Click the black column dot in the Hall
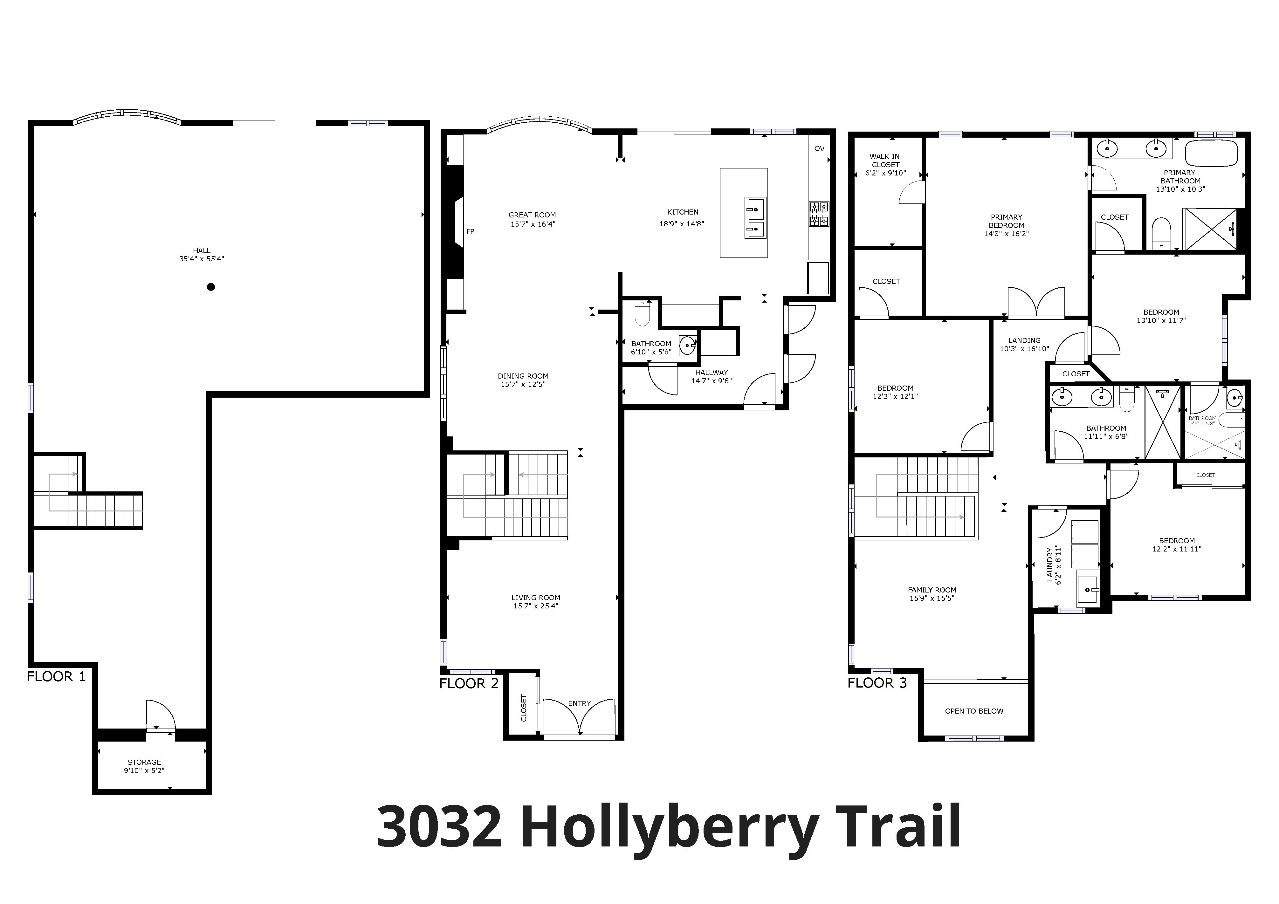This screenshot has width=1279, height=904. pyautogui.click(x=210, y=287)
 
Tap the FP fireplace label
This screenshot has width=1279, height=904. pyautogui.click(x=470, y=231)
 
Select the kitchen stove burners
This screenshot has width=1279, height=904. pyautogui.click(x=819, y=214)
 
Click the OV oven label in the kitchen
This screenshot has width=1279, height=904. pyautogui.click(x=819, y=149)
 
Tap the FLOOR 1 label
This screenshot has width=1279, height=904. pyautogui.click(x=56, y=677)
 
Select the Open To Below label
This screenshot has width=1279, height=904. pyautogui.click(x=974, y=711)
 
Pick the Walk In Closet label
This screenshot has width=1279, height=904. pyautogui.click(x=885, y=161)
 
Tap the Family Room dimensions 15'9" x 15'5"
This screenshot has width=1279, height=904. pyautogui.click(x=932, y=599)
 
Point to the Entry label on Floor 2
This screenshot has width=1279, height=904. pyautogui.click(x=579, y=703)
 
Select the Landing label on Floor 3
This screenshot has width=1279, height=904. pyautogui.click(x=1024, y=340)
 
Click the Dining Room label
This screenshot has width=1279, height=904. pyautogui.click(x=523, y=376)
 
